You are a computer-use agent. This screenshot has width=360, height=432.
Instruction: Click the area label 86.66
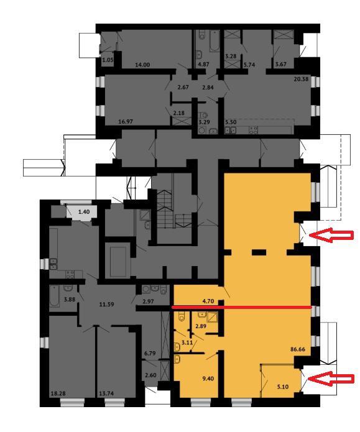pyautogui.click(x=298, y=349)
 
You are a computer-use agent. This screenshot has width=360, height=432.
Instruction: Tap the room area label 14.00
pyautogui.click(x=142, y=65)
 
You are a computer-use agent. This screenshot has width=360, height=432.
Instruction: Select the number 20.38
pyautogui.click(x=301, y=79)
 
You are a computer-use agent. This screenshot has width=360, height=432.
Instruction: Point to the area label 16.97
pyautogui.click(x=126, y=121)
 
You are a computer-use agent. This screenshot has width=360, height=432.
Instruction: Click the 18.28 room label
pyautogui.click(x=58, y=393)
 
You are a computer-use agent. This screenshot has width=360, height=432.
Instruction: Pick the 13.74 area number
pyautogui.click(x=106, y=393)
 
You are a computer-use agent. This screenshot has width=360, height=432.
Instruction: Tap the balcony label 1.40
pyautogui.click(x=84, y=212)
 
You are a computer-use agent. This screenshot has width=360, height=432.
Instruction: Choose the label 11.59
pyautogui.click(x=106, y=305)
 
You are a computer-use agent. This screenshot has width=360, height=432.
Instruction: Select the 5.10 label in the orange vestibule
pyautogui.click(x=282, y=387)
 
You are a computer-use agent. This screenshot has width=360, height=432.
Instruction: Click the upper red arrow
pyautogui.click(x=331, y=235)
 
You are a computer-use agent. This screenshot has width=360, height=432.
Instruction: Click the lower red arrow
pyautogui.click(x=331, y=379)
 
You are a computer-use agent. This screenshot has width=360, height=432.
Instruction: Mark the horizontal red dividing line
pyautogui.click(x=241, y=306)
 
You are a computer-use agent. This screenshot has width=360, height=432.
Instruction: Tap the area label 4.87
pyautogui.click(x=203, y=64)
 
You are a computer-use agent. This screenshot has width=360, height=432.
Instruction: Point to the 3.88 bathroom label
pyautogui.click(x=70, y=299)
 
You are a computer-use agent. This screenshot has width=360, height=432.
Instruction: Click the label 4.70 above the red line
pyautogui.click(x=208, y=301)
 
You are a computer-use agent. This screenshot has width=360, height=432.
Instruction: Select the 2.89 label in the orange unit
pyautogui.click(x=201, y=326)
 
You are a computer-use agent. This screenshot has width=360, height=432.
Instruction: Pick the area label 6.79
pyautogui.click(x=150, y=353)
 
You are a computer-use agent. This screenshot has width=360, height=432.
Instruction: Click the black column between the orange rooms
pyautogui.click(x=259, y=252)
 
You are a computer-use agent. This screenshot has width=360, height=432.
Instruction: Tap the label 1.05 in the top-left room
pyautogui.click(x=108, y=60)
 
